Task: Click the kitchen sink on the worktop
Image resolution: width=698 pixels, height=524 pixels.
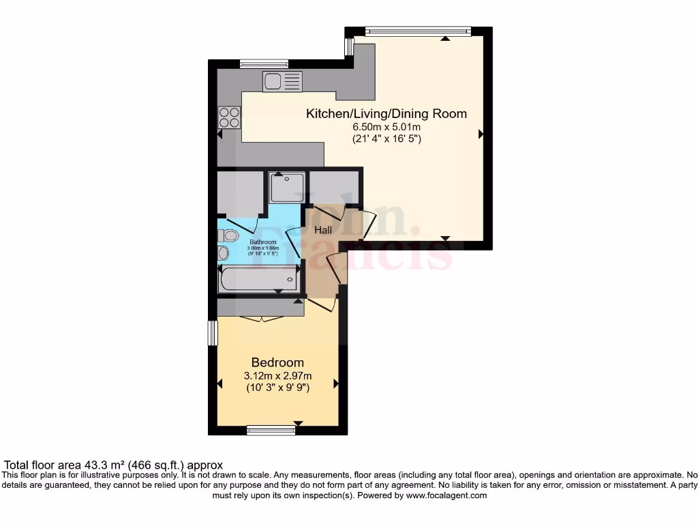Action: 282,82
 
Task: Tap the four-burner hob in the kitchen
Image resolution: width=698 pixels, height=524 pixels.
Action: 229,117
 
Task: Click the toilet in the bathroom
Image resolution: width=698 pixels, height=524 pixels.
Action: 228,236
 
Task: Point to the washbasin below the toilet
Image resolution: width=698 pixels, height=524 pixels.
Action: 224,253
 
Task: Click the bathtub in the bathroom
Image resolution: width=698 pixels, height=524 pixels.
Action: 258,279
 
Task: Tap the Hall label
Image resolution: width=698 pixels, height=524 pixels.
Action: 322,231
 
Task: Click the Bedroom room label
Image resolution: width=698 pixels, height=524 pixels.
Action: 277,362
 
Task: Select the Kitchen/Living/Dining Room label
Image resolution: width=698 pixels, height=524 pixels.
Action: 386,113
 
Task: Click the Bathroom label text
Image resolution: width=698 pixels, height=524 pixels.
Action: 262,242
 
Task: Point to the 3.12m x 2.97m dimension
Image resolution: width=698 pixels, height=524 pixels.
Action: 277,375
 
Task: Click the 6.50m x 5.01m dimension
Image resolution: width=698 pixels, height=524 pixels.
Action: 386,127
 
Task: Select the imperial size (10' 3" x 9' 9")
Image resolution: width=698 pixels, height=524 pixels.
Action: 277,388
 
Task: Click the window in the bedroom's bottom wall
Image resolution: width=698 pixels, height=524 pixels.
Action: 271,429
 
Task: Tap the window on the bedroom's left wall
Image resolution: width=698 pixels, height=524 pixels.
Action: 213,332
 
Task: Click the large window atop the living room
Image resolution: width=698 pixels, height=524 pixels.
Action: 417,31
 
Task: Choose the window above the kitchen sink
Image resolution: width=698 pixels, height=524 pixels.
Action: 264,63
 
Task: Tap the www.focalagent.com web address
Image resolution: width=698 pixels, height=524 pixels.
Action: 446,495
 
